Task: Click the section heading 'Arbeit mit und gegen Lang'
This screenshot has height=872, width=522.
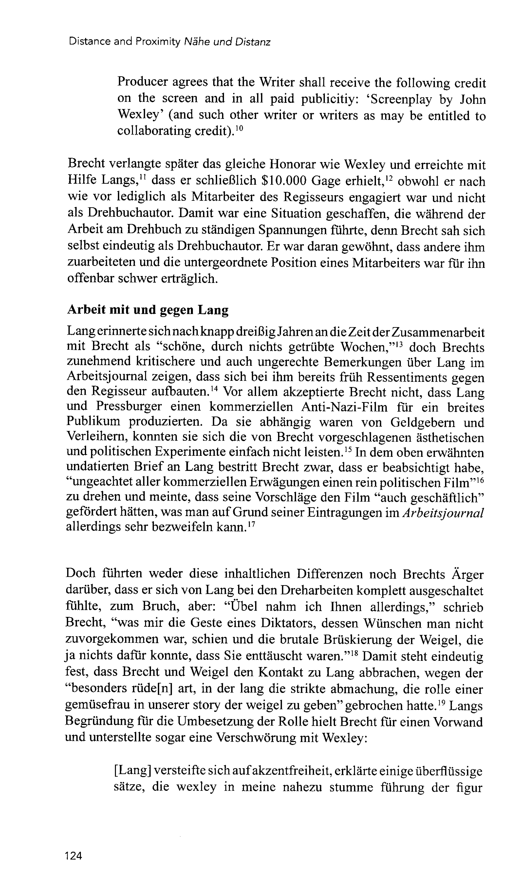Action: click(x=148, y=310)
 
